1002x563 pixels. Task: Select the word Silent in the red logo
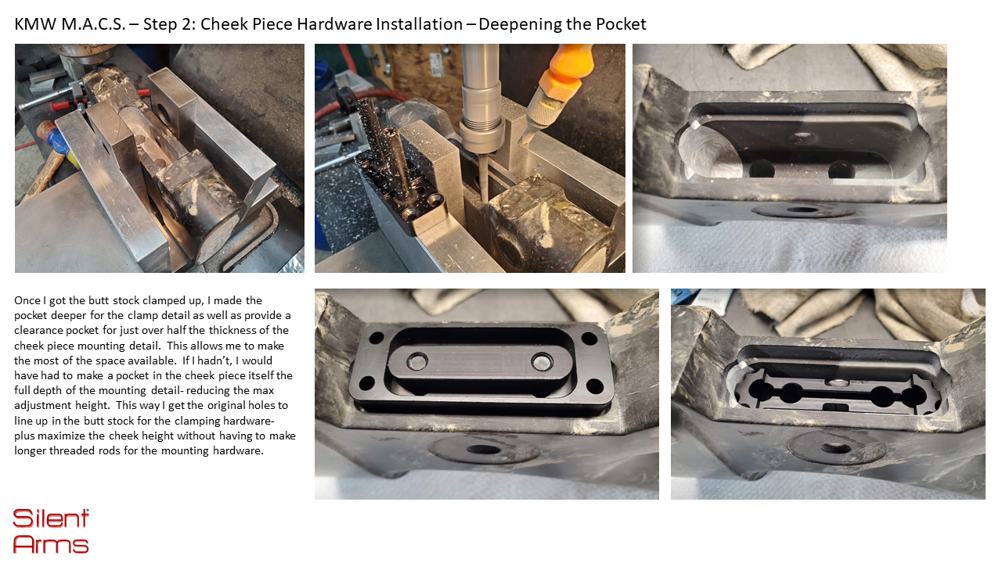pyautogui.click(x=51, y=518)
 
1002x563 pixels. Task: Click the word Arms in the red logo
pyautogui.click(x=51, y=544)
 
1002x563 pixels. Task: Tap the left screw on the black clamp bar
pyautogui.click(x=417, y=361)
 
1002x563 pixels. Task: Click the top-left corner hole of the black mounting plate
pyautogui.click(x=377, y=338)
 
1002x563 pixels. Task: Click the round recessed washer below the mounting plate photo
pyautogui.click(x=483, y=449)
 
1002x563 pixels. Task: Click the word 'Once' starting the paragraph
pyautogui.click(x=27, y=300)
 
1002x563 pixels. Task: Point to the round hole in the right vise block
pyautogui.click(x=164, y=114)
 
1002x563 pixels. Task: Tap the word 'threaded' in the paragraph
pyautogui.click(x=71, y=450)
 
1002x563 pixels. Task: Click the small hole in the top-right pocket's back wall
pyautogui.click(x=803, y=137)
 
